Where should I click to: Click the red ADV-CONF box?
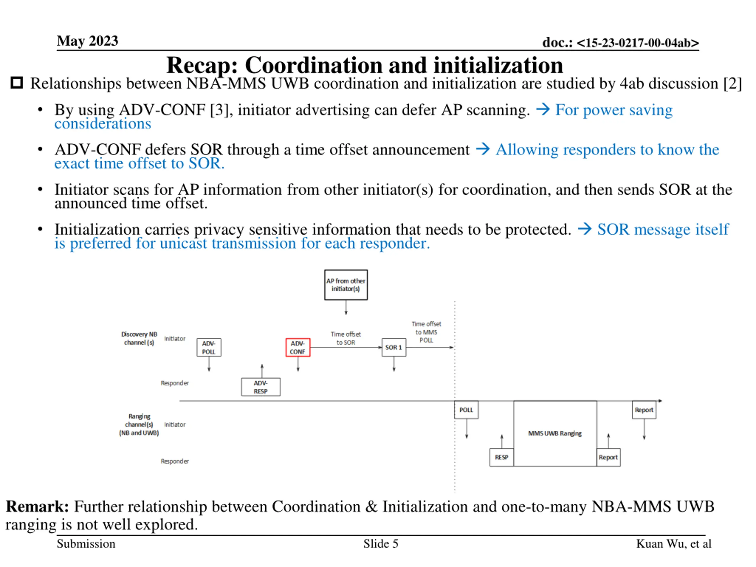pyautogui.click(x=298, y=347)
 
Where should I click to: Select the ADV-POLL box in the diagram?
pyautogui.click(x=209, y=347)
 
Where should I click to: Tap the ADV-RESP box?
pyautogui.click(x=261, y=387)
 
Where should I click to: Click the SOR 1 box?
pyautogui.click(x=394, y=347)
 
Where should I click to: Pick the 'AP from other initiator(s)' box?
pyautogui.click(x=346, y=285)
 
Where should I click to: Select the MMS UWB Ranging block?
pyautogui.click(x=555, y=433)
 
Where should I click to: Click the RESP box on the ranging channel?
pyautogui.click(x=501, y=457)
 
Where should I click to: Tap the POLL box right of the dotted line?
pyautogui.click(x=466, y=410)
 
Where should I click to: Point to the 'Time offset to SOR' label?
pyautogui.click(x=346, y=338)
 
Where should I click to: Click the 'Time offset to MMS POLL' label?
pyautogui.click(x=426, y=332)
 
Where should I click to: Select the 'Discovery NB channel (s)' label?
pyautogui.click(x=139, y=338)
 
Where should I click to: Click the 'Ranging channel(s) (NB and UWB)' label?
pyautogui.click(x=139, y=424)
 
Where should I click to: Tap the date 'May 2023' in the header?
pyautogui.click(x=87, y=41)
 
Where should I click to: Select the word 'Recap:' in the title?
pyautogui.click(x=202, y=65)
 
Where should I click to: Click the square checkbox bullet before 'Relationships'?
pyautogui.click(x=17, y=83)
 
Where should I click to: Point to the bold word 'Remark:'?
pyautogui.click(x=37, y=506)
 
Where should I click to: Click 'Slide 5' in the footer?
pyautogui.click(x=381, y=544)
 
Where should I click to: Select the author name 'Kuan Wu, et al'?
pyautogui.click(x=673, y=544)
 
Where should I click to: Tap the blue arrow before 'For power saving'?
pyautogui.click(x=543, y=110)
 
